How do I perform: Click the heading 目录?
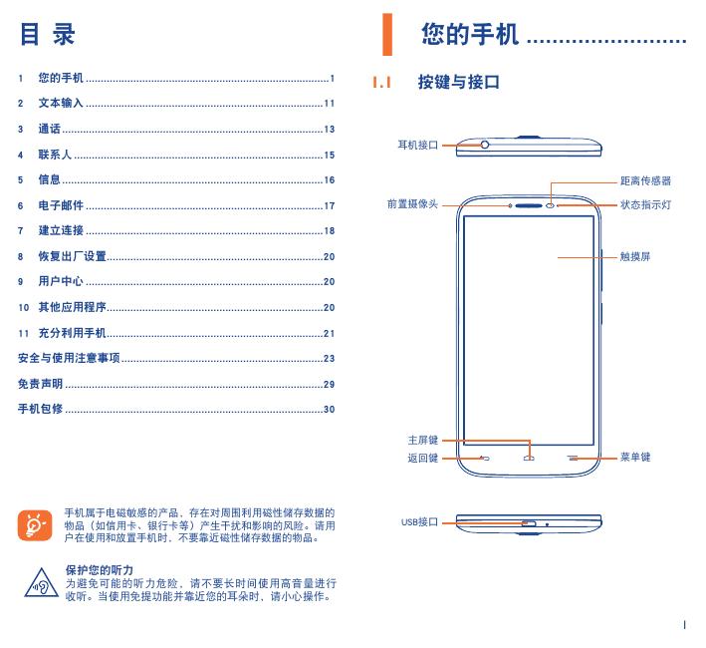click(48, 36)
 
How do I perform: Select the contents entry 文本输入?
click(61, 103)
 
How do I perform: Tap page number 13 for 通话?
click(329, 129)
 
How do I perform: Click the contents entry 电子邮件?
click(61, 205)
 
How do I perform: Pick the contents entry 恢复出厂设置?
click(72, 256)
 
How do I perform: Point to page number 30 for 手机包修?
click(329, 409)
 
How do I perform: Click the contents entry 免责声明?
click(41, 384)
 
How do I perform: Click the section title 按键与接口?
click(458, 83)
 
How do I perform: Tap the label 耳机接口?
click(418, 145)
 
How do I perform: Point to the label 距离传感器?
click(645, 181)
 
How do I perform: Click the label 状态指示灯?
click(645, 204)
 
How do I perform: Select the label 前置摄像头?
click(412, 204)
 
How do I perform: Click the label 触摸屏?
click(634, 256)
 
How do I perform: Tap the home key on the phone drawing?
click(529, 459)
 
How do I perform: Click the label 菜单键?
click(634, 458)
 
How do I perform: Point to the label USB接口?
click(419, 521)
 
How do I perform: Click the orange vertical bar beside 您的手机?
click(388, 36)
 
